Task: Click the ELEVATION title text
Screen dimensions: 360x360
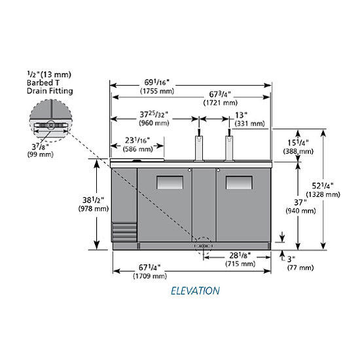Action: pos(196,291)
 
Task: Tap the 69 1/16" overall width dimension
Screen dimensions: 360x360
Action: pos(157,82)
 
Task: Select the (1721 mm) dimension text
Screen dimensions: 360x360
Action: pos(220,103)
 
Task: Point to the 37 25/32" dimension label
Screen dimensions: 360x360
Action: pos(154,115)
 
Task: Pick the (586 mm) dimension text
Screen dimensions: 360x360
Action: pos(137,149)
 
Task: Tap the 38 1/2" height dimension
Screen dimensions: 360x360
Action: pos(93,200)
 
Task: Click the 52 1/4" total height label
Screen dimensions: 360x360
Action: pos(323,186)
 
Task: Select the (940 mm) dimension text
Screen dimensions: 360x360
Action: pos(300,211)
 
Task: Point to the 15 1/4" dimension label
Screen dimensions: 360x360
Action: pos(298,143)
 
